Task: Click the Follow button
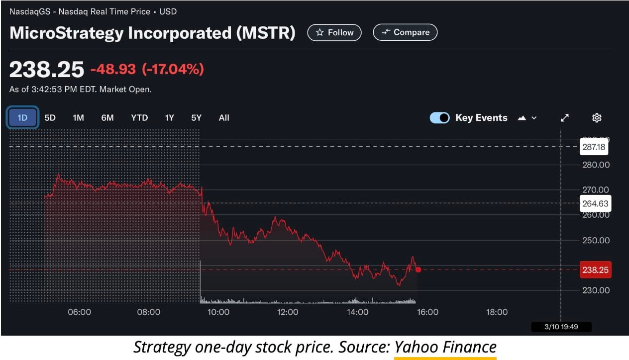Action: (334, 32)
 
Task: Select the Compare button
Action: (405, 32)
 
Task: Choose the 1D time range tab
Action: (22, 118)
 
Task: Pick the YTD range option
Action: (139, 118)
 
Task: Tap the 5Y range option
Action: (197, 118)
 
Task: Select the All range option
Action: (224, 118)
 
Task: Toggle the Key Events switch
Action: (439, 118)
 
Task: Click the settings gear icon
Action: (597, 118)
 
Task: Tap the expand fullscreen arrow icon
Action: (564, 118)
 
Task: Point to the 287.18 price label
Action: (595, 147)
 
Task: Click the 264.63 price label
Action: (595, 203)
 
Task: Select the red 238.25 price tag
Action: (595, 270)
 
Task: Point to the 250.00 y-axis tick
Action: (596, 240)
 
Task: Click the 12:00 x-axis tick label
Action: (288, 312)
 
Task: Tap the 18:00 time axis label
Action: (497, 312)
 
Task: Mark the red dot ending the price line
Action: (418, 270)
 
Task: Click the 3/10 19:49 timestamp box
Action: (561, 327)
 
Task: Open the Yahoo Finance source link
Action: (445, 347)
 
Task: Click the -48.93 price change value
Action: (113, 69)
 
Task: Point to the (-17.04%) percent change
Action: (173, 69)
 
